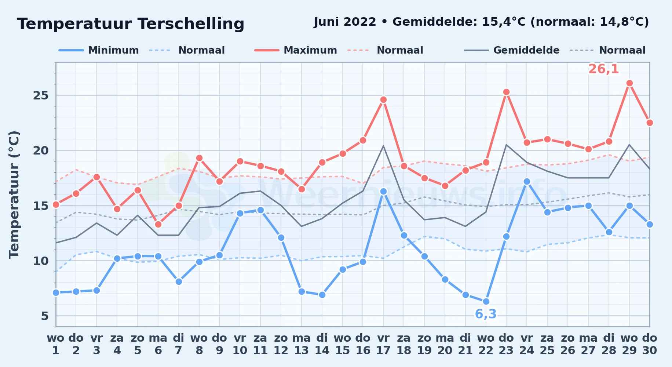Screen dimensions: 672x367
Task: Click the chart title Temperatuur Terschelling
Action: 131,24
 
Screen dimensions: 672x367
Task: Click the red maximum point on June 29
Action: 629,83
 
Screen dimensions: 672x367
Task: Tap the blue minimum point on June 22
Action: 486,301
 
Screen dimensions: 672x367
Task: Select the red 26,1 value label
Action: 603,69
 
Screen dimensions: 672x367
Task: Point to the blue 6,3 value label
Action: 486,314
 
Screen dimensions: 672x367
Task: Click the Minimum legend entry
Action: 99,50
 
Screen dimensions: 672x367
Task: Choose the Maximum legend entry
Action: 296,50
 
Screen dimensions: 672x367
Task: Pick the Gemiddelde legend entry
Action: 512,50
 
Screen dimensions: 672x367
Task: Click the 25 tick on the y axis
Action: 41,95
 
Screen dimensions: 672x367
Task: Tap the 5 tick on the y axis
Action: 45,316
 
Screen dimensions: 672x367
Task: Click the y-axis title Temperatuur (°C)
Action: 14,195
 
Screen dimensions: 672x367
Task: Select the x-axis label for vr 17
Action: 383,344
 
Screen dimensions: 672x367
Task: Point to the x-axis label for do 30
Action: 649,344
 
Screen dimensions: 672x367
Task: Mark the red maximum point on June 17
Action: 383,100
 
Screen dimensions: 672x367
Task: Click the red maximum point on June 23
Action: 506,92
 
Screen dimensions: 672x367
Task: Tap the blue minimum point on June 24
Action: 527,181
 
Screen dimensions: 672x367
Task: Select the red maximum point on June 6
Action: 158,224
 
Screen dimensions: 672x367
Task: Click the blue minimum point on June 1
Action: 56,292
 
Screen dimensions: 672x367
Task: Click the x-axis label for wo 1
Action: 56,344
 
